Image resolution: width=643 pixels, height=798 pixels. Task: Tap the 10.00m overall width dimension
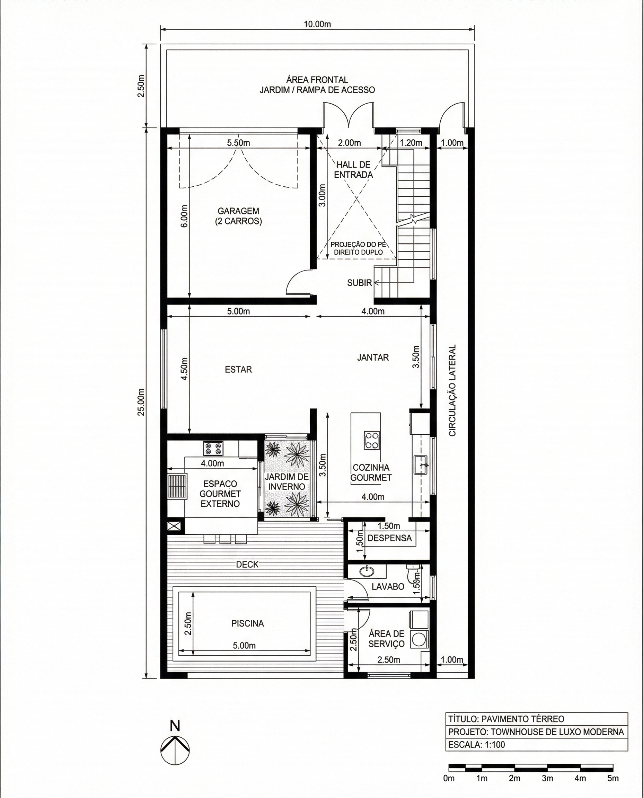coord(317,25)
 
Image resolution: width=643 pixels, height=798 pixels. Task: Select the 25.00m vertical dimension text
coord(141,402)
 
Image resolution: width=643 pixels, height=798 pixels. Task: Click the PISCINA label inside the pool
coord(247,623)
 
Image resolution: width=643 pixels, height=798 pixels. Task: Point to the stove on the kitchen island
coord(371,440)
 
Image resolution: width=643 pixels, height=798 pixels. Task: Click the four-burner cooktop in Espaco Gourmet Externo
coord(213,449)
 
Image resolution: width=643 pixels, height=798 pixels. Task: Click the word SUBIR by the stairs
coord(359,283)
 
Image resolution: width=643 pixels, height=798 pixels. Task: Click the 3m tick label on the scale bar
coord(547,778)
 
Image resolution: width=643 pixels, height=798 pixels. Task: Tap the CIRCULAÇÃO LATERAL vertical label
coord(452,391)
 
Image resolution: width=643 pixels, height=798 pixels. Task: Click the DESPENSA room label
coord(389,538)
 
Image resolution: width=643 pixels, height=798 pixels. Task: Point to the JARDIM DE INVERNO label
coord(287,482)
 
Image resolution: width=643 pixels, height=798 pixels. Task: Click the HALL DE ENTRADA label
coord(353,170)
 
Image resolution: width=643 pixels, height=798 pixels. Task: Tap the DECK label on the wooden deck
coord(247,564)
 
